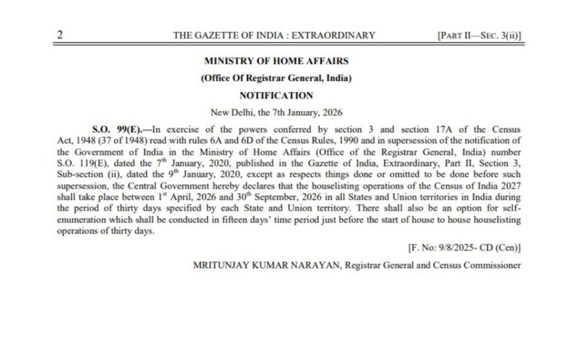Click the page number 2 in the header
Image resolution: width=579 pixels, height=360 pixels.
tap(59, 34)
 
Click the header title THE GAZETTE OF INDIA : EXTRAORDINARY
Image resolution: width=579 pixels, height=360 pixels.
tap(274, 35)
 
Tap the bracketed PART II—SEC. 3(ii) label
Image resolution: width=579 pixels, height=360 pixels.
tap(479, 35)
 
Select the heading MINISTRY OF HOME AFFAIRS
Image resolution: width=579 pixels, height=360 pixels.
tap(276, 61)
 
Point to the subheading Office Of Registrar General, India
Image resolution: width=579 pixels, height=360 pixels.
tap(276, 79)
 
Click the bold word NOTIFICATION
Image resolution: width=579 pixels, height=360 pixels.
tap(276, 96)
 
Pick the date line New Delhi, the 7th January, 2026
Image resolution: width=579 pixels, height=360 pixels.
tap(276, 112)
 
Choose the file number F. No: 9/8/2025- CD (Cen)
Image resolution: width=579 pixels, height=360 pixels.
tap(464, 248)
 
